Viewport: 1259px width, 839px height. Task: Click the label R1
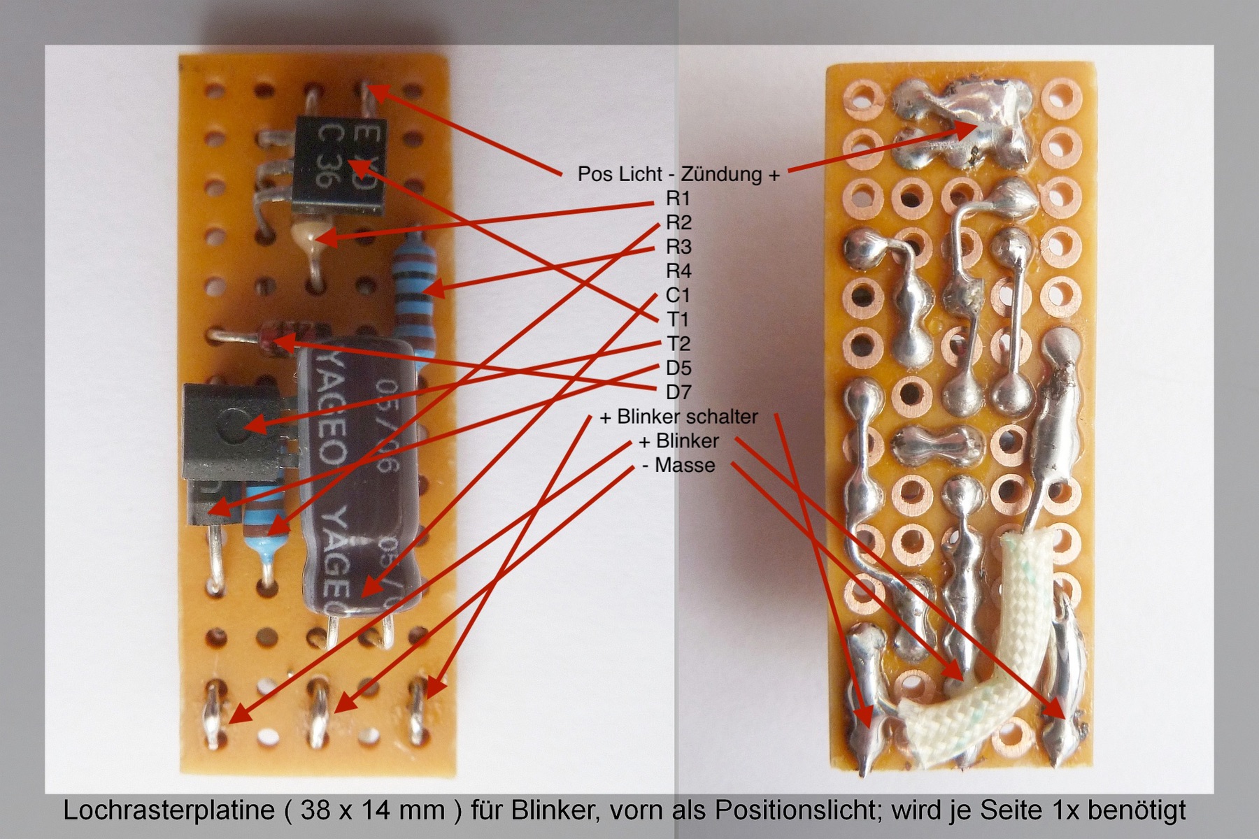click(x=678, y=199)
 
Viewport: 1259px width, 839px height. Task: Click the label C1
click(x=678, y=295)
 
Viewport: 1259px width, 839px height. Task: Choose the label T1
click(x=678, y=320)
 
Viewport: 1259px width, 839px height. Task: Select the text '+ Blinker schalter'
click(x=678, y=417)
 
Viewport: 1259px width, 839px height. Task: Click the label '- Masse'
click(x=678, y=465)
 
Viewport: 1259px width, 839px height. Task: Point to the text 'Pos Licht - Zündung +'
click(x=678, y=173)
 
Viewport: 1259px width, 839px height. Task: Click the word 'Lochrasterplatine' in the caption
click(x=169, y=810)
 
